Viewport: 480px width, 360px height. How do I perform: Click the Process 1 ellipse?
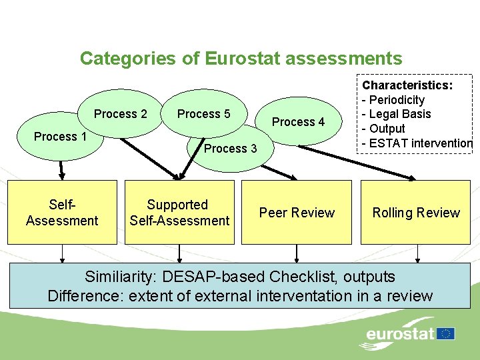(x=60, y=137)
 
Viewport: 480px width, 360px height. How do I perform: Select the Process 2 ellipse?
(x=121, y=114)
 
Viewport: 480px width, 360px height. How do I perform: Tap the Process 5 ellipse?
(x=203, y=114)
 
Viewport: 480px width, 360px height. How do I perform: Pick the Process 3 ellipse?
(x=230, y=149)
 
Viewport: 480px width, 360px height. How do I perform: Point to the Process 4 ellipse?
(x=298, y=122)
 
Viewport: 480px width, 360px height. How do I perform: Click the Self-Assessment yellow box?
(x=62, y=213)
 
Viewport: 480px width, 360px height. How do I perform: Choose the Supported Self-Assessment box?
(x=179, y=213)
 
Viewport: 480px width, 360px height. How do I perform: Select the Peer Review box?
(x=297, y=213)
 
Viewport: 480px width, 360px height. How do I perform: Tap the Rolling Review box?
(x=416, y=213)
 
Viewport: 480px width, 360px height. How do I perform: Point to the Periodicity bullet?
(x=397, y=100)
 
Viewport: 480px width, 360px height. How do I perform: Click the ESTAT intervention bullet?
(x=420, y=143)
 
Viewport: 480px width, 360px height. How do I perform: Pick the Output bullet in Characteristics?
(x=387, y=128)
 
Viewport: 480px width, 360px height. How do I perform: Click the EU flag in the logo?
(x=446, y=333)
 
